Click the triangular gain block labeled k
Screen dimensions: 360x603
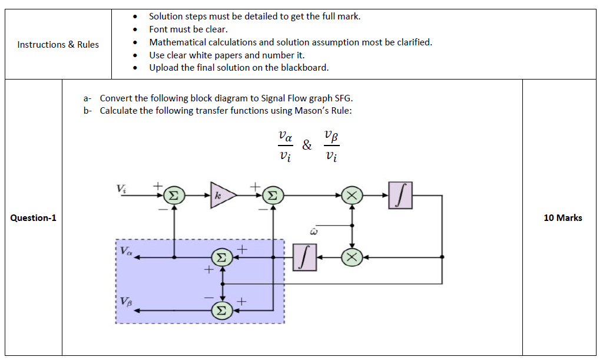coord(221,195)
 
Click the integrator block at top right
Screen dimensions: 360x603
coord(400,194)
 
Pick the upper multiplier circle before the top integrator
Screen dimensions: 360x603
coord(352,194)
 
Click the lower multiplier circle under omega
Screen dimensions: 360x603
coord(352,257)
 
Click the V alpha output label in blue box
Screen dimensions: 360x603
coord(126,250)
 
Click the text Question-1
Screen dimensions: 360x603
coord(33,218)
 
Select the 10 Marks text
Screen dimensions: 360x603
coord(562,218)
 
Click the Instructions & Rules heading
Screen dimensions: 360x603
coord(58,45)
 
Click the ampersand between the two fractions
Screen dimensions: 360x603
coord(307,145)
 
